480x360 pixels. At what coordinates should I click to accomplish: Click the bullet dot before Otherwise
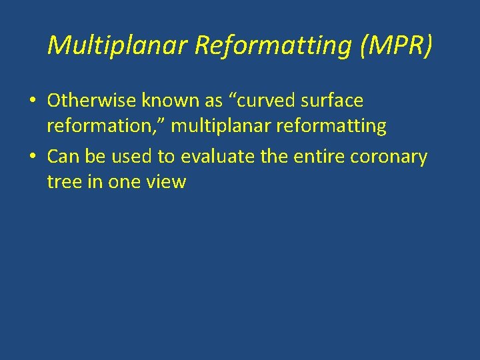coord(32,101)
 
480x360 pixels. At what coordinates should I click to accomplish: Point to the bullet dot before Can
coord(32,157)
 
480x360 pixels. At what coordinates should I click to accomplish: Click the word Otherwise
coord(91,101)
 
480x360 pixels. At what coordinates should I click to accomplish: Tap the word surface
coord(333,101)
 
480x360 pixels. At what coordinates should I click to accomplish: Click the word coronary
coord(394,157)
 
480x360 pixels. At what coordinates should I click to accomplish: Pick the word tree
coord(64,182)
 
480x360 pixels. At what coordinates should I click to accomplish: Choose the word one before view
coord(127,182)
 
